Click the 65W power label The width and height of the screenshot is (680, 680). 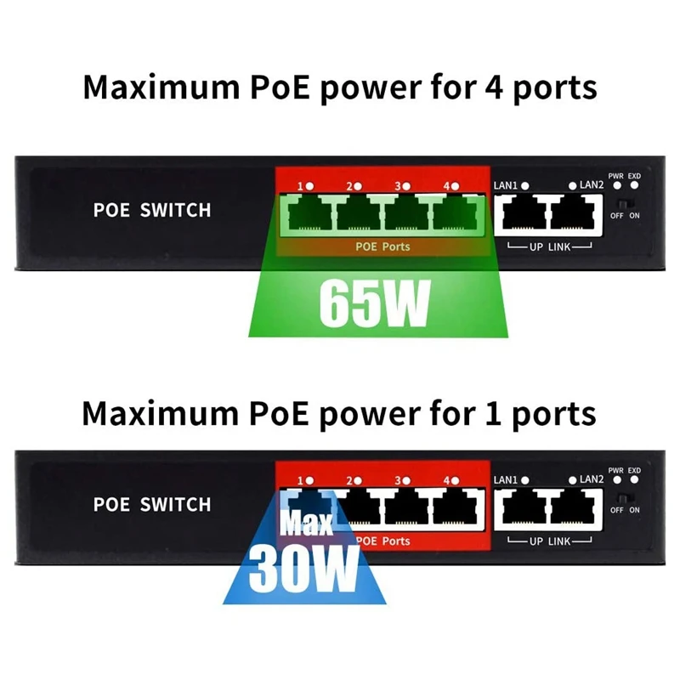(x=374, y=303)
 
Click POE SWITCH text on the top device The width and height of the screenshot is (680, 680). (x=152, y=210)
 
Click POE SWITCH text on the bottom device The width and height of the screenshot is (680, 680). (x=152, y=504)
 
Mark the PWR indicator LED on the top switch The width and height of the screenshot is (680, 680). (x=616, y=186)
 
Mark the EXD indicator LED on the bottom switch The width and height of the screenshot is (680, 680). (x=634, y=480)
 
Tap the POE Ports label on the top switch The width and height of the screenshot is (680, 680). (x=382, y=246)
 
